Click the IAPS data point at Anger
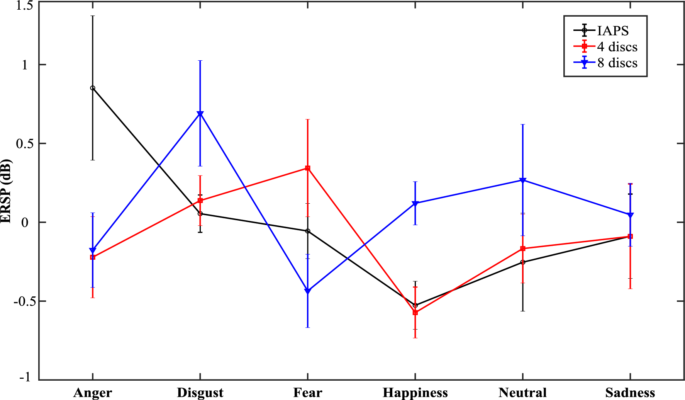tap(93, 88)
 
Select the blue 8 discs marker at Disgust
tap(200, 114)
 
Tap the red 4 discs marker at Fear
tap(308, 168)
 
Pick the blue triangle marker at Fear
tap(308, 291)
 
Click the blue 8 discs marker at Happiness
tap(415, 203)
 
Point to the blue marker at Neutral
tap(523, 180)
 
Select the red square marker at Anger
tap(93, 257)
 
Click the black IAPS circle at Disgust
tap(200, 214)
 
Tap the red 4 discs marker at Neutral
tap(523, 249)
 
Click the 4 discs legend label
tap(617, 47)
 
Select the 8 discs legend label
tap(617, 63)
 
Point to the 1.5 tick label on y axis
tap(25, 5)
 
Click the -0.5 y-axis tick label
tap(22, 301)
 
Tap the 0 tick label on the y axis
tap(25, 222)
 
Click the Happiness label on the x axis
tap(415, 393)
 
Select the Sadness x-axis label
tap(630, 393)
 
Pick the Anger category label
tap(93, 393)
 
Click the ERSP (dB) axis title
tap(6, 191)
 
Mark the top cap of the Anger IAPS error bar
tap(93, 16)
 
